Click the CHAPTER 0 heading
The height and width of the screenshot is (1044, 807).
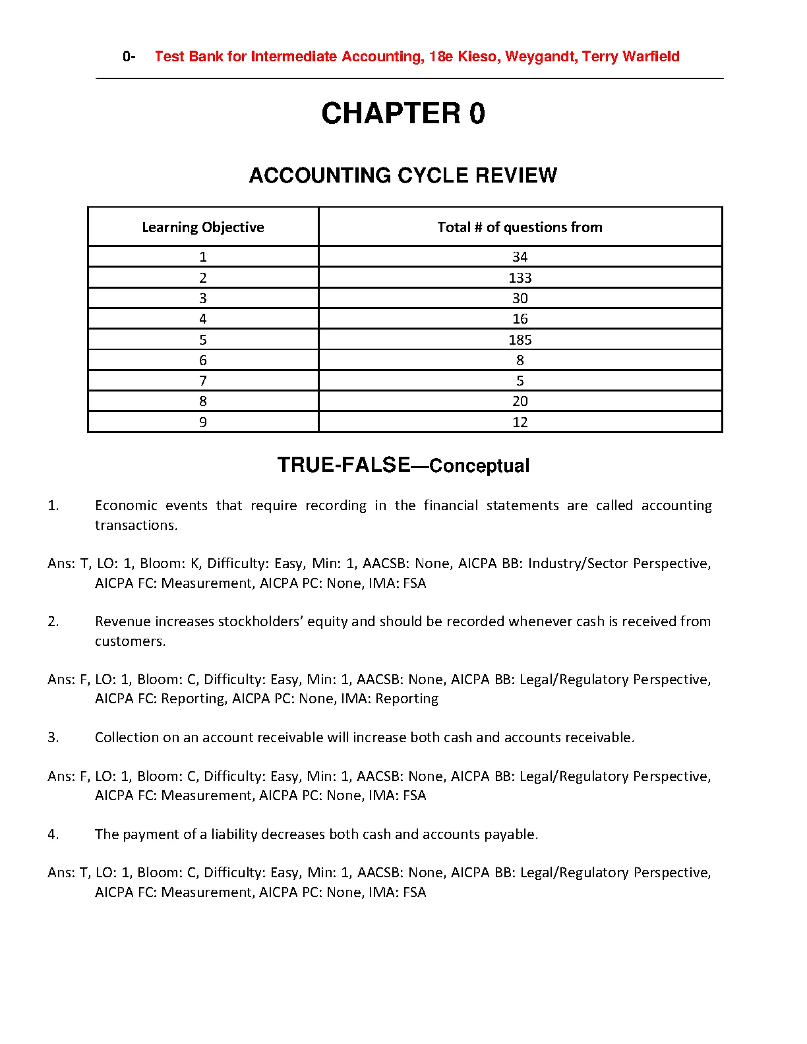[x=403, y=113]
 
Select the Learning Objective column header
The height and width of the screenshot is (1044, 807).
[x=203, y=227]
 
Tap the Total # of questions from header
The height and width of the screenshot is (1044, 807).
[x=520, y=227]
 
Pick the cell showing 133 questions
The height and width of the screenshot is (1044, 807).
[x=520, y=278]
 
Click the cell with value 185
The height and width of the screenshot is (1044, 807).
[x=520, y=340]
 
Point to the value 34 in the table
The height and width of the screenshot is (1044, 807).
[x=520, y=257]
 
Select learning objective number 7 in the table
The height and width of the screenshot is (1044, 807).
[x=203, y=381]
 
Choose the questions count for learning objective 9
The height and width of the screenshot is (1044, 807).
[x=520, y=422]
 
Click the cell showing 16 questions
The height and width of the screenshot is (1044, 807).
[x=520, y=319]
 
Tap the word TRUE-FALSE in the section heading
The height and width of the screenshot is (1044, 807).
[x=344, y=465]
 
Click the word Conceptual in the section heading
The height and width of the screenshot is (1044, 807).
[x=479, y=466]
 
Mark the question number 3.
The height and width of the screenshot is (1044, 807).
[x=53, y=738]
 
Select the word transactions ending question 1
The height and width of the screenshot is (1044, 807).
[x=135, y=525]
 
